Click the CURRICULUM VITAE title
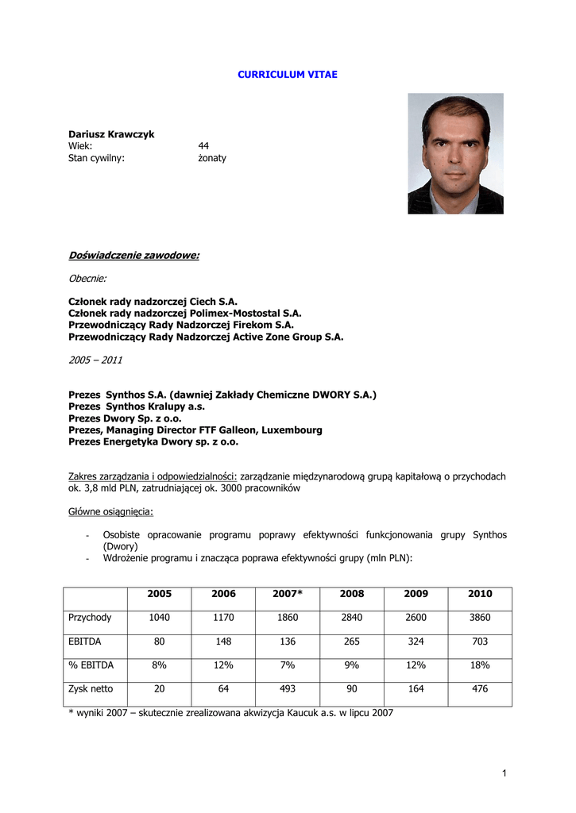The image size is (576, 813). [288, 74]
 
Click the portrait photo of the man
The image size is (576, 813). [455, 153]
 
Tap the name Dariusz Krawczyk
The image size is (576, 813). [111, 134]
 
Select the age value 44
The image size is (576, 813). [203, 146]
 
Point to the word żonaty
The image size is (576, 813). [212, 158]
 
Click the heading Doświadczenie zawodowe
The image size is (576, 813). [133, 255]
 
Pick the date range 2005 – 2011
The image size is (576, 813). [95, 360]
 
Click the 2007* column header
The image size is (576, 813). [287, 594]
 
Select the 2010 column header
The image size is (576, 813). [480, 594]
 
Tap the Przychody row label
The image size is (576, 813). [91, 618]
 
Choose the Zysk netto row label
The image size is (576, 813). [91, 689]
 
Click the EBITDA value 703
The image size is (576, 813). [480, 642]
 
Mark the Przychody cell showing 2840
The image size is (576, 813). [351, 618]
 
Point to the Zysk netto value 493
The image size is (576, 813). [287, 689]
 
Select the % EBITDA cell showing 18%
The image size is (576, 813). [480, 665]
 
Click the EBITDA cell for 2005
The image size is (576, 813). [159, 642]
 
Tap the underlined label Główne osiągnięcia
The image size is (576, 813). [111, 511]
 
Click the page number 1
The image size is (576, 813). [504, 773]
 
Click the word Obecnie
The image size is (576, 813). [87, 279]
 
